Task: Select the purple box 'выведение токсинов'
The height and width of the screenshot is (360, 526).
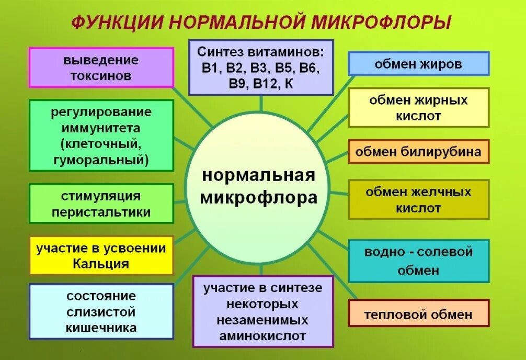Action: [101, 67]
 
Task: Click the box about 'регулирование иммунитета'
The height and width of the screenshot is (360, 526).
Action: [101, 136]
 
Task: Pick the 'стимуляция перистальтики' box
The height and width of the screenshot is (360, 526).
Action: [101, 204]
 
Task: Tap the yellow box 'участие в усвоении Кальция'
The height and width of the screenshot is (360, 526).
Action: [101, 255]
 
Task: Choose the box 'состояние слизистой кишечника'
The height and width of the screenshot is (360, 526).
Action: [101, 311]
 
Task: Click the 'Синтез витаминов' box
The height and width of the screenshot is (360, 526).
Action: [261, 67]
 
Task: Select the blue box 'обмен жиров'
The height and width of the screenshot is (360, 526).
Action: [418, 64]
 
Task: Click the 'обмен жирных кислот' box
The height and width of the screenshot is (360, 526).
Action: [418, 107]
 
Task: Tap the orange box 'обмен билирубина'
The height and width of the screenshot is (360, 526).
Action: [418, 152]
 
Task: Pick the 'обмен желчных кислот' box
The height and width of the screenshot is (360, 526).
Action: [418, 199]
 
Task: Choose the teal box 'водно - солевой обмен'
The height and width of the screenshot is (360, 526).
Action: [418, 261]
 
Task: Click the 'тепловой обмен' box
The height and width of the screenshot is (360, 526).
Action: [418, 314]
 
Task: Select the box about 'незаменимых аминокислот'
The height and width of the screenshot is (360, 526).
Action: [263, 311]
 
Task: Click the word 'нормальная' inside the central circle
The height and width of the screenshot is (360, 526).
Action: [259, 175]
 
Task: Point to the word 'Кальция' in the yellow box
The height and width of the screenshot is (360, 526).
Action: [101, 263]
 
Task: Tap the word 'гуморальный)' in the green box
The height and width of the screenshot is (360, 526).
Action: [101, 160]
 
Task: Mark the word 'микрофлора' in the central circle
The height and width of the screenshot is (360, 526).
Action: [259, 198]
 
